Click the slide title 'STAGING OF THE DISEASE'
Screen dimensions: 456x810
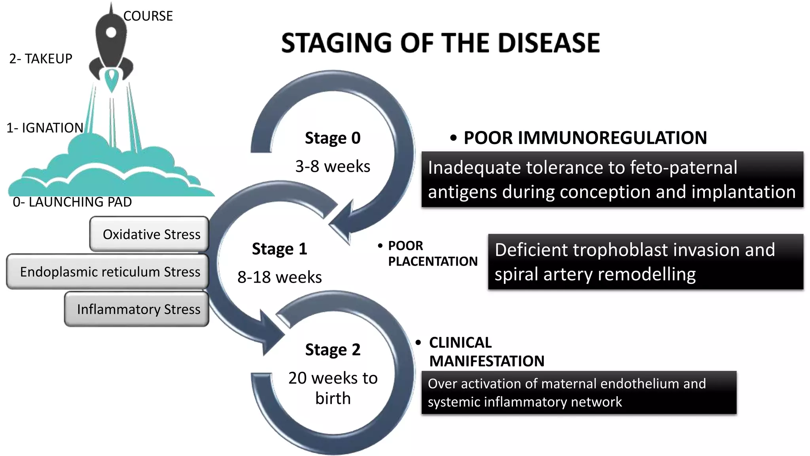pos(440,43)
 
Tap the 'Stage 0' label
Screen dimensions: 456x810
pos(333,138)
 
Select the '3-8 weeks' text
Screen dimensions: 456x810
pos(333,166)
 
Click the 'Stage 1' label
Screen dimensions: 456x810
pos(279,249)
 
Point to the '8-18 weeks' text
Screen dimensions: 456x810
pos(279,277)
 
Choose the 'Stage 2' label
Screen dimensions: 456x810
pos(333,350)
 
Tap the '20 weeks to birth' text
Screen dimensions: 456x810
pos(333,388)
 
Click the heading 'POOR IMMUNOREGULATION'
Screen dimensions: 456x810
pos(585,138)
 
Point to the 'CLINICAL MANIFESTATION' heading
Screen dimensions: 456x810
pos(486,351)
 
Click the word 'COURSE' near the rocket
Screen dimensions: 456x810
pos(148,16)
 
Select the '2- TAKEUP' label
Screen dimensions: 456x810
pos(41,59)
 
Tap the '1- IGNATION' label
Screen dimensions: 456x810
pos(45,128)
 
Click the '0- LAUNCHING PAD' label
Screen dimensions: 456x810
pos(72,202)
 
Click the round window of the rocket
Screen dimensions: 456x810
pos(111,32)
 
